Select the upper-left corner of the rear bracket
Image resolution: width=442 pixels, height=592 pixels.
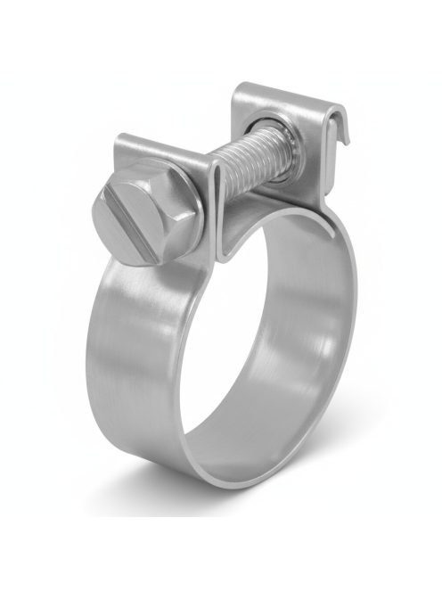pos(239,89)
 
